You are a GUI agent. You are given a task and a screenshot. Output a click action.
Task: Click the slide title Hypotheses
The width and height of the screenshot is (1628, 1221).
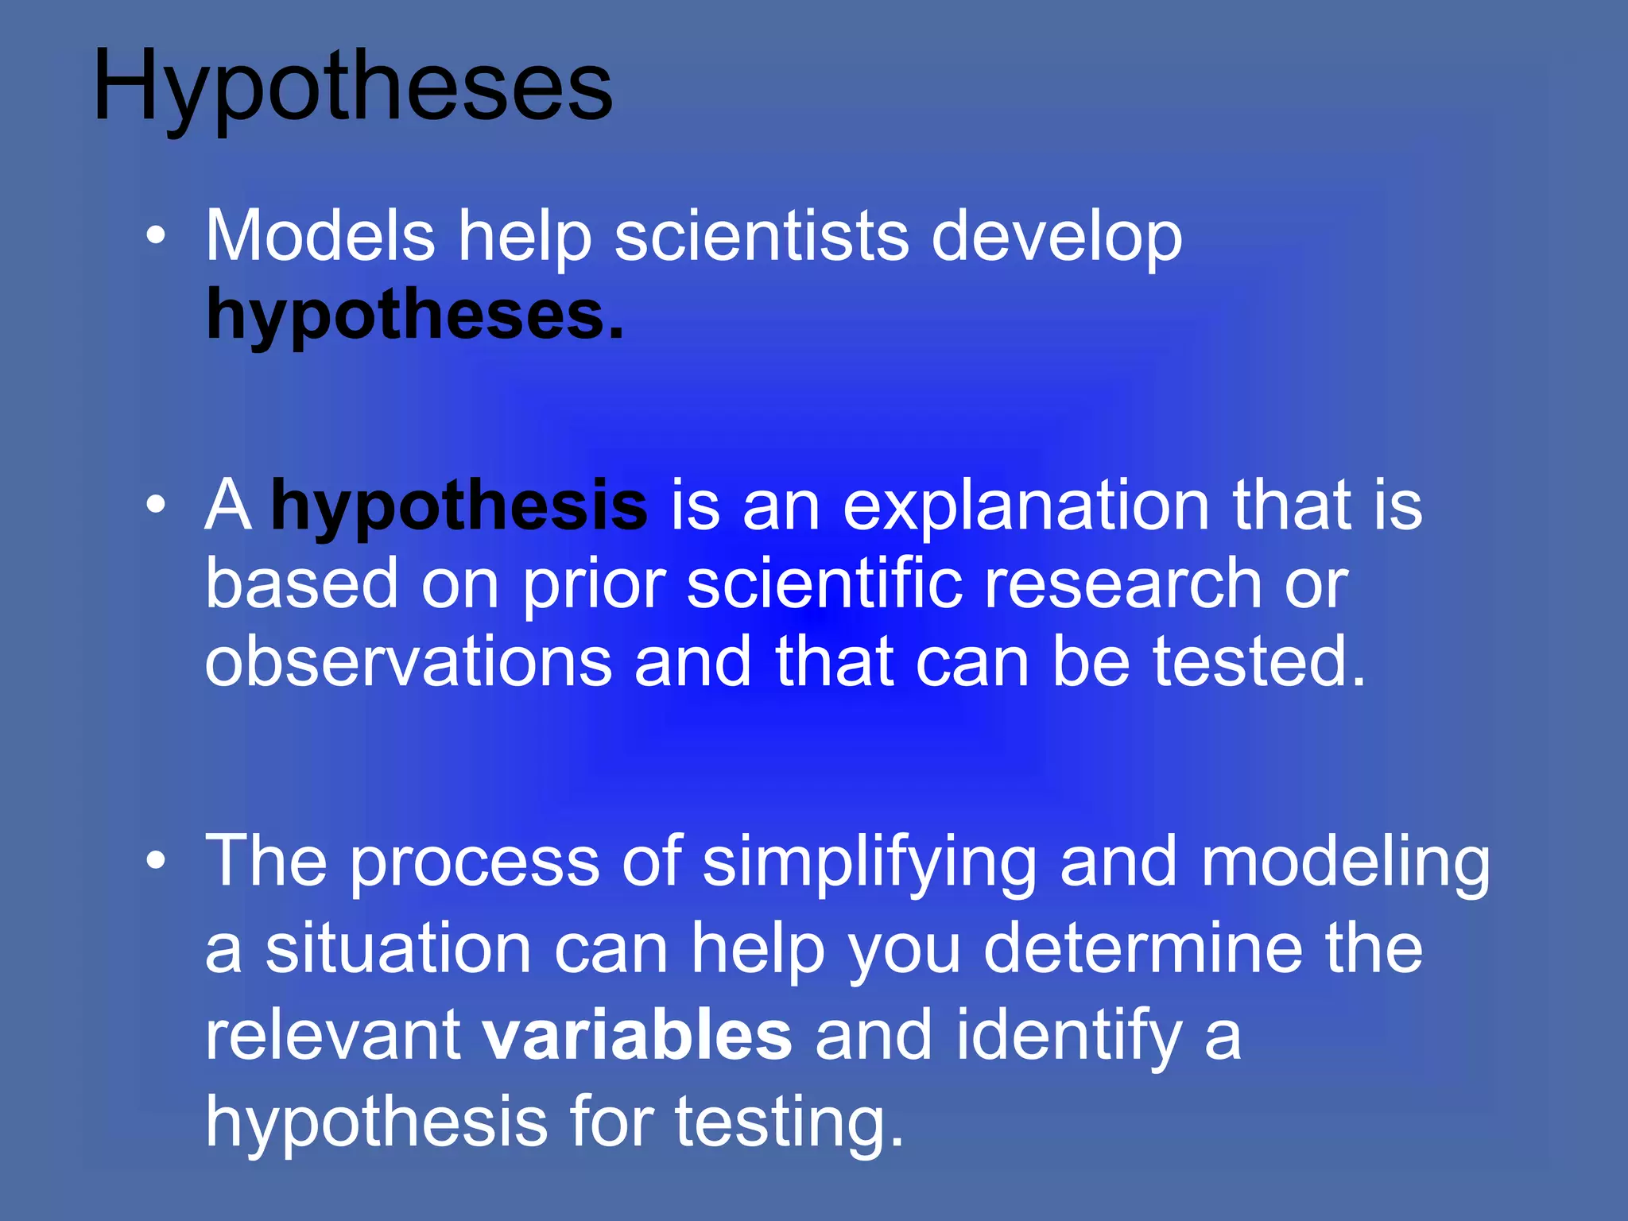pyautogui.click(x=353, y=86)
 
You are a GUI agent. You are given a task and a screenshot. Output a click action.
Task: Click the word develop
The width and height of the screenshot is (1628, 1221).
pyautogui.click(x=1056, y=238)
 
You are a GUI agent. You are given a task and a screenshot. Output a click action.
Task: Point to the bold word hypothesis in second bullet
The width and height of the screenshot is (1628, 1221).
pyautogui.click(x=459, y=507)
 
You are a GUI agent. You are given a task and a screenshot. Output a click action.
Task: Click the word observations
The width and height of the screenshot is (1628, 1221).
pyautogui.click(x=408, y=661)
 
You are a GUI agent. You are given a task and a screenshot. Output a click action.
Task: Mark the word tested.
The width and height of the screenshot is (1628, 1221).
pyautogui.click(x=1259, y=661)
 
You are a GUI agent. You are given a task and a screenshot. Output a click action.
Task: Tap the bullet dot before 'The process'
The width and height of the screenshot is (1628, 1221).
pyautogui.click(x=157, y=860)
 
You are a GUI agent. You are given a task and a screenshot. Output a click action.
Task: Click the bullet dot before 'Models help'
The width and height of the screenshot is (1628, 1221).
pyautogui.click(x=157, y=235)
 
